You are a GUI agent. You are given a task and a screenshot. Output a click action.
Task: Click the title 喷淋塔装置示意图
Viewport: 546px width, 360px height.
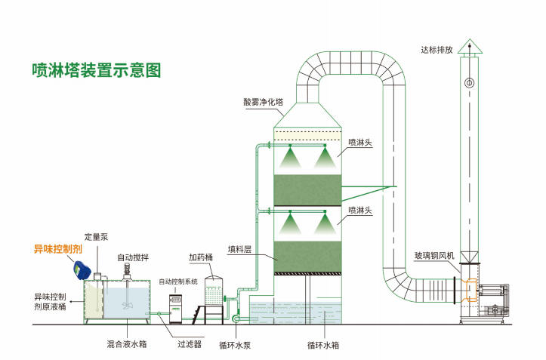tap(97, 70)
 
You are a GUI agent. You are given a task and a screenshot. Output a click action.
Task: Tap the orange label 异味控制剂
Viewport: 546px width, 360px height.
tap(58, 249)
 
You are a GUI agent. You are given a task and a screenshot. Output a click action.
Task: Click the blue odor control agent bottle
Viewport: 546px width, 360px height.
tap(82, 270)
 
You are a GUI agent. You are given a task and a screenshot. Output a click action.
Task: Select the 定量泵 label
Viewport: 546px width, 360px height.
tap(97, 237)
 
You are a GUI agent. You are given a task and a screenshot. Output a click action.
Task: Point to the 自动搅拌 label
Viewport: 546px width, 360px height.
tap(133, 257)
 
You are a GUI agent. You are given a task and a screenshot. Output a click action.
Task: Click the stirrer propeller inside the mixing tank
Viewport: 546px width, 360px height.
tap(127, 306)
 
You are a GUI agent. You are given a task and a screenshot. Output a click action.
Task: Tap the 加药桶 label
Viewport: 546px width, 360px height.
tap(201, 257)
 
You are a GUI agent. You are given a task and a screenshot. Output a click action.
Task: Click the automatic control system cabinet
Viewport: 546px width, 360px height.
tap(175, 309)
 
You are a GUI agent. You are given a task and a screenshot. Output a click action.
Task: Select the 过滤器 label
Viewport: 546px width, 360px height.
tap(190, 344)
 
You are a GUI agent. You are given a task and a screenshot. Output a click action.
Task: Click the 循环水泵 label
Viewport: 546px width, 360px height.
tap(235, 346)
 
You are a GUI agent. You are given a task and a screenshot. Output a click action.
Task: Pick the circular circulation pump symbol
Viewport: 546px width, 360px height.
tap(236, 318)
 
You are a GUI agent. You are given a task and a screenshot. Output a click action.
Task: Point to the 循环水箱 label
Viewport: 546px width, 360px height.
tap(323, 346)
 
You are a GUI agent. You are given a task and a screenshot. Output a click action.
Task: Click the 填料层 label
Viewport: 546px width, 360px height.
tap(239, 249)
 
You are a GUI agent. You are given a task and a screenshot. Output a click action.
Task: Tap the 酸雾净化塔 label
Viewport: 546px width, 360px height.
tap(264, 102)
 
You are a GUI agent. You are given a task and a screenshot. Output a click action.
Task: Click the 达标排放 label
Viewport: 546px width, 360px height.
tap(436, 50)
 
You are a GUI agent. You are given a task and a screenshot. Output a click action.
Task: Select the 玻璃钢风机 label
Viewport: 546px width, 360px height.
tap(434, 256)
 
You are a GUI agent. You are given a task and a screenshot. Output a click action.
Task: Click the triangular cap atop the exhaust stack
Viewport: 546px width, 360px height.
tap(470, 46)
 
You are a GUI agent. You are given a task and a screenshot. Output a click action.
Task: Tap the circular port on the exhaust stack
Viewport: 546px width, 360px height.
tap(470, 83)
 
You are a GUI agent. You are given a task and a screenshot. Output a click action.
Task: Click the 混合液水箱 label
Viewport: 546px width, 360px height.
tap(127, 344)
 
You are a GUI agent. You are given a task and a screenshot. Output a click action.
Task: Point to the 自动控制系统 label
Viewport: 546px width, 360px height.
tap(178, 282)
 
